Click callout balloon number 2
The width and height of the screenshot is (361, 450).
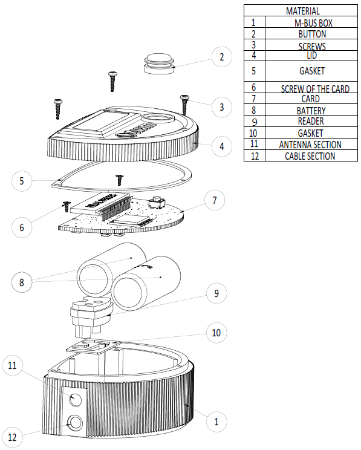(221, 57)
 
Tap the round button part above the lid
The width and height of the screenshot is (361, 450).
(159, 64)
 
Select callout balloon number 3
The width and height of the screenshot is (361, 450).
(221, 107)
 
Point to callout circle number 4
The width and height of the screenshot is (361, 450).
(221, 146)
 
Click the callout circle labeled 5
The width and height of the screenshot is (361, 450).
(22, 181)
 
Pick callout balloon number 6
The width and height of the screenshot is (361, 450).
(22, 227)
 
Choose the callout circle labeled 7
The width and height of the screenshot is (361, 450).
(215, 200)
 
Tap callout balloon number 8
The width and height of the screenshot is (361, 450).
(22, 282)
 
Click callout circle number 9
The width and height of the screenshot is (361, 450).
(216, 293)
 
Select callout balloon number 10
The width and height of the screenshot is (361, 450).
(216, 333)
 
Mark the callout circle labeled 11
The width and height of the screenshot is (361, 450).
(12, 365)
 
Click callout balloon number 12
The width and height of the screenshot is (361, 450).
(12, 437)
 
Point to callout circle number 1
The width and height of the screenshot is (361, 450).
(216, 422)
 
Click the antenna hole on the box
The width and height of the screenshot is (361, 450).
(75, 399)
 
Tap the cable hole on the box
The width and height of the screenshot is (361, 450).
(74, 423)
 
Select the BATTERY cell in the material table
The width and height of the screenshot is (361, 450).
(311, 110)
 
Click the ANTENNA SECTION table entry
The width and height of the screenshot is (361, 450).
(311, 144)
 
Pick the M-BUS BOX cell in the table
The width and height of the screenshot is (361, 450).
(311, 22)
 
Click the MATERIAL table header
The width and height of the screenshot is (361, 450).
(302, 11)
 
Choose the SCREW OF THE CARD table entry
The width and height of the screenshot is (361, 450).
(311, 88)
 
